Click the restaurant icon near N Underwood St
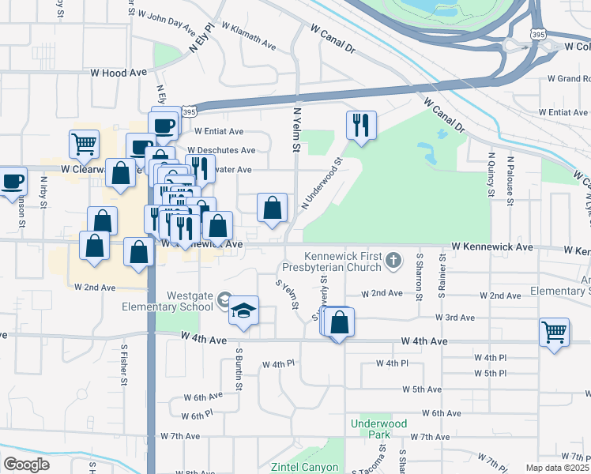click(x=361, y=125)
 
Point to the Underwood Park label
click(x=378, y=430)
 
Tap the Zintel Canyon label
click(x=304, y=467)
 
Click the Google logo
click(x=26, y=465)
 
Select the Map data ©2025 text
click(x=557, y=468)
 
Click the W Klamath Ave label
click(x=249, y=36)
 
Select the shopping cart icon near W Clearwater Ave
click(x=84, y=144)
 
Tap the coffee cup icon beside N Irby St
click(x=13, y=181)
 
